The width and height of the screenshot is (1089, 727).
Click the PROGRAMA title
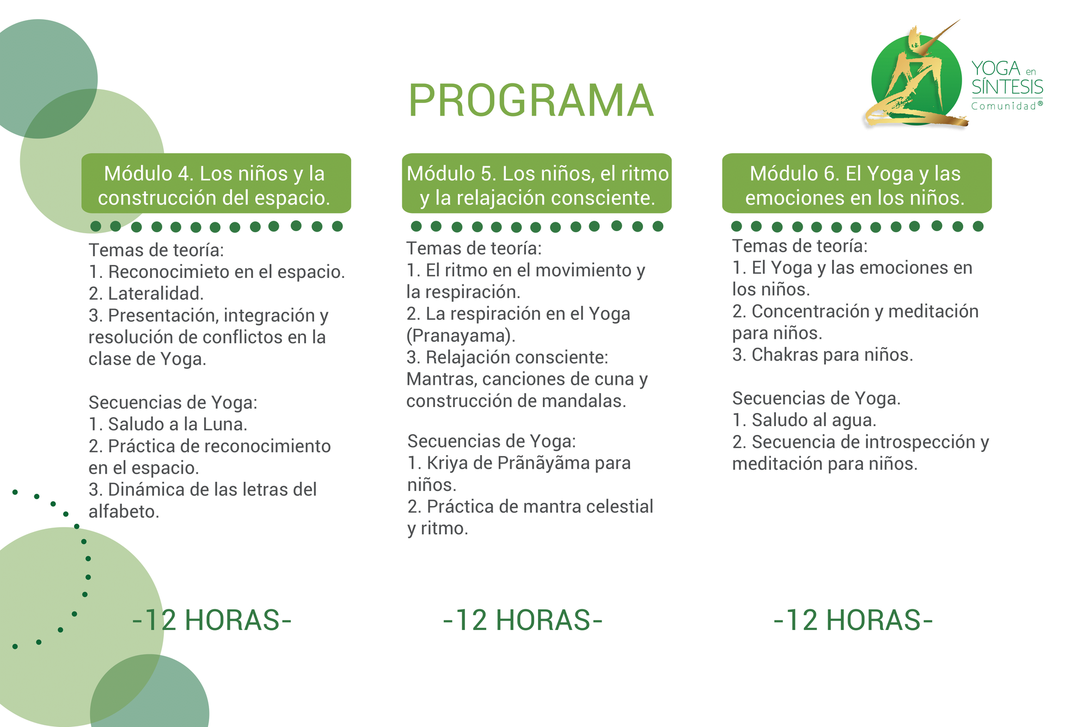click(531, 101)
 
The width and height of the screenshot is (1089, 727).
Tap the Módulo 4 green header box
click(216, 183)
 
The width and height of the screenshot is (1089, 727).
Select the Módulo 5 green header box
click(537, 183)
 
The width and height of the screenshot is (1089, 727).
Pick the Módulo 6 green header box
click(857, 183)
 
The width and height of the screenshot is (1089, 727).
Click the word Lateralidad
click(156, 293)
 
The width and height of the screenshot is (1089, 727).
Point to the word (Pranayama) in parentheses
click(461, 336)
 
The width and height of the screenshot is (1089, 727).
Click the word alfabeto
click(124, 512)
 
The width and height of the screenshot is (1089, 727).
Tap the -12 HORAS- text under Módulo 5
click(523, 620)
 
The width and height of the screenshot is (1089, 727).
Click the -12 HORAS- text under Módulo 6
click(853, 620)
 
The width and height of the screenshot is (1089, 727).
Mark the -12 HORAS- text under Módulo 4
click(212, 620)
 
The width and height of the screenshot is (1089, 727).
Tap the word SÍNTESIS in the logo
click(1007, 87)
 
